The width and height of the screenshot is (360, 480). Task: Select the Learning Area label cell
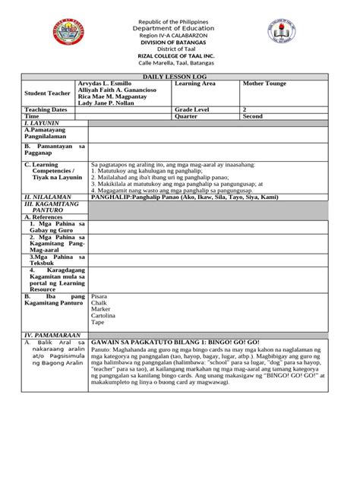point(196,84)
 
